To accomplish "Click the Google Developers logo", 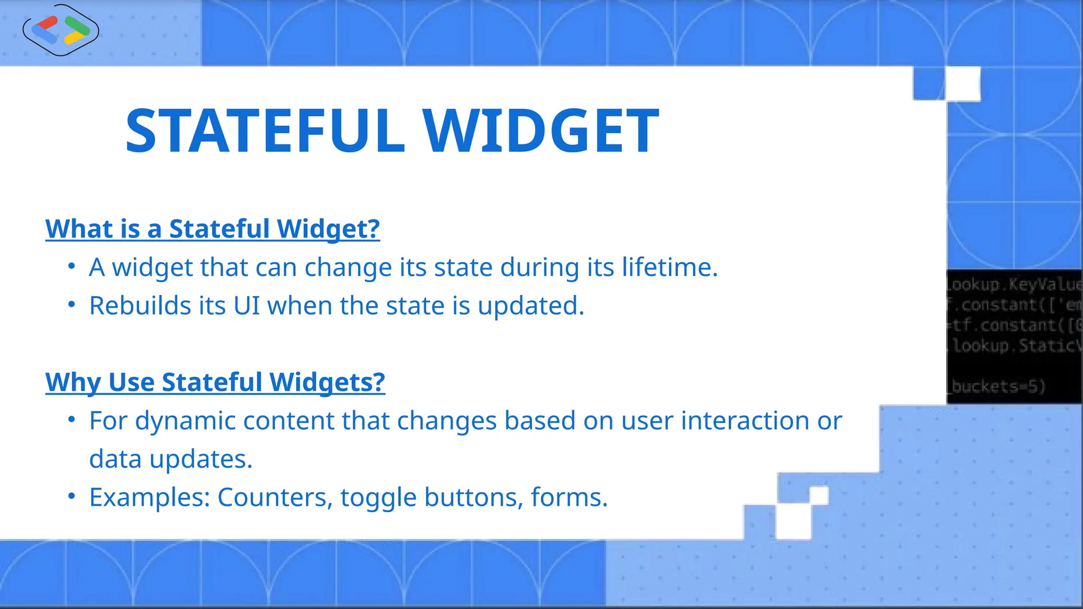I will tap(61, 30).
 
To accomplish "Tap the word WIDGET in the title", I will tap(540, 131).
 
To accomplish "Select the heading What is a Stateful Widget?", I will tap(213, 229).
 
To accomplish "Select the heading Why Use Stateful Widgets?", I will tap(215, 382).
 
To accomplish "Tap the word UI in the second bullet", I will tap(246, 306).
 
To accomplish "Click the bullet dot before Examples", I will tap(72, 496).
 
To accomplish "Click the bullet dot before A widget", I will tap(72, 266).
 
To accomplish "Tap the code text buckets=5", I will tap(998, 386).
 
